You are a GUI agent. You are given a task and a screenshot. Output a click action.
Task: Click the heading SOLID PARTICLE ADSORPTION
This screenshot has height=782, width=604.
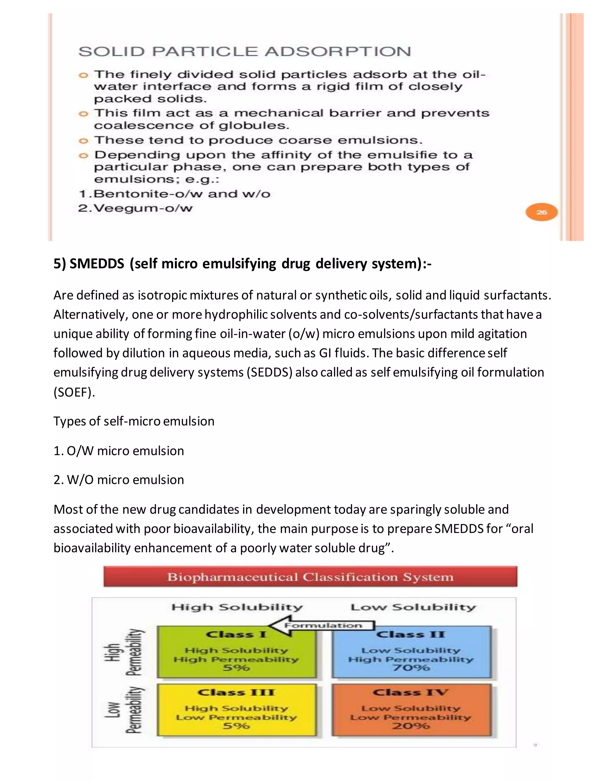click(x=244, y=52)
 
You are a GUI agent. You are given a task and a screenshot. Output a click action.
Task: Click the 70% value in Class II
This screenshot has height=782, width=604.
click(x=411, y=668)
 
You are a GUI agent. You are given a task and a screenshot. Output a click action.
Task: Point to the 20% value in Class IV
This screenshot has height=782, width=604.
click(x=411, y=726)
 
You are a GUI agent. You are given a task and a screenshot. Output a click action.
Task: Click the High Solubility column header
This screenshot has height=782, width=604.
click(x=237, y=607)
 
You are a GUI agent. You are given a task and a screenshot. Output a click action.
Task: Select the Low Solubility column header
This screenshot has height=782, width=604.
click(x=413, y=607)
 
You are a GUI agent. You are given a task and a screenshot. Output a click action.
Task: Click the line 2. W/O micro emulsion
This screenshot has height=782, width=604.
click(x=119, y=480)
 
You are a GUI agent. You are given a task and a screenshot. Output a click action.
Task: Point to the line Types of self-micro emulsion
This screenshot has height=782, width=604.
click(x=134, y=421)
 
